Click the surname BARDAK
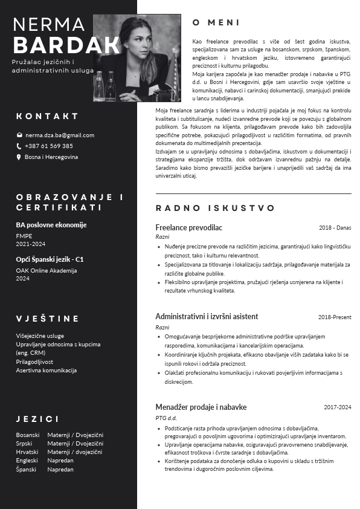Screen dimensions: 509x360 tap(66, 45)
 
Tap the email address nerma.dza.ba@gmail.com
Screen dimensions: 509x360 tap(60, 135)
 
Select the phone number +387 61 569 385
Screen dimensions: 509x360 tap(49, 146)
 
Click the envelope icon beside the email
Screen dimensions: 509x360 tap(19, 135)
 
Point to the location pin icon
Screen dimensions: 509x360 tap(19, 157)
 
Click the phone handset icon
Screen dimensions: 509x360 tap(19, 146)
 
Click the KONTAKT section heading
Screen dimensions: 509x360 tap(47, 116)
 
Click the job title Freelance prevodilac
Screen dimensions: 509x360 tap(188, 227)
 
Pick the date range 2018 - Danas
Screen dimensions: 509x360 tap(335, 228)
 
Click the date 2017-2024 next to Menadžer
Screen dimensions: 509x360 tap(337, 407)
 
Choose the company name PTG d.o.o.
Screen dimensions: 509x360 tap(166, 418)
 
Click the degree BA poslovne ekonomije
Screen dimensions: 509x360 tap(51, 225)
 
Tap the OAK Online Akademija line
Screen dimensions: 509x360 tap(47, 270)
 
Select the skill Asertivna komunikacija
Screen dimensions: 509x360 tap(47, 370)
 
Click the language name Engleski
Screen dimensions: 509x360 tap(27, 460)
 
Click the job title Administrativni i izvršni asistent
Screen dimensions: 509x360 tap(207, 316)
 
